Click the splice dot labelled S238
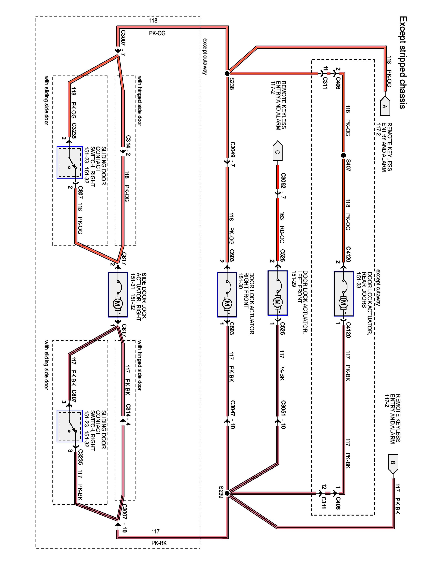point(227,73)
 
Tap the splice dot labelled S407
point(343,155)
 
